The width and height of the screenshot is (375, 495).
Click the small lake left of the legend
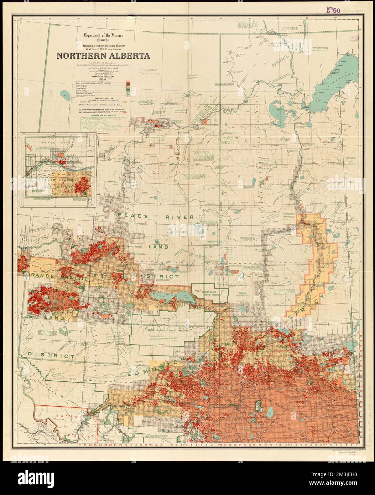[x=65, y=94]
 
